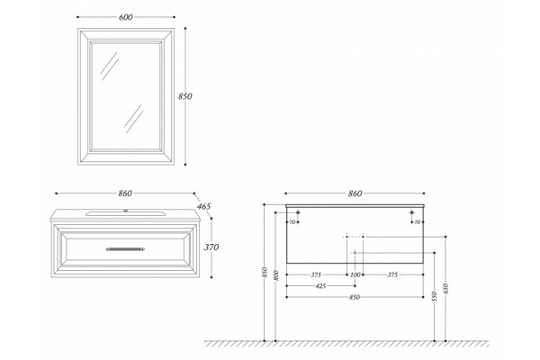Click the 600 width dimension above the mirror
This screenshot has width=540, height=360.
(125, 17)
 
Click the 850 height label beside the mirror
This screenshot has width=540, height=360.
(184, 96)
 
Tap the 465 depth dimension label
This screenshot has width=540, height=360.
(203, 207)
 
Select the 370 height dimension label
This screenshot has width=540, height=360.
(211, 247)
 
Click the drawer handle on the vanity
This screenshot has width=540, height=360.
(125, 249)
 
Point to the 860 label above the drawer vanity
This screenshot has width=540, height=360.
(125, 193)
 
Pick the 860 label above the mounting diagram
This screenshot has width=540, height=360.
(355, 193)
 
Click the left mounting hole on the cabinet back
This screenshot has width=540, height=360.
(298, 212)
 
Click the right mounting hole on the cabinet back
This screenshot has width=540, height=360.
(411, 212)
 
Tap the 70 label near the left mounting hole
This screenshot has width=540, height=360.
(292, 222)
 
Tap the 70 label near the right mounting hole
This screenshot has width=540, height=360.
(417, 222)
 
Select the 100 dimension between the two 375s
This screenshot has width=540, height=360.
(355, 274)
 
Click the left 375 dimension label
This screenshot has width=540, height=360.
(316, 274)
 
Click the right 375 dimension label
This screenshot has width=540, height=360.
(392, 274)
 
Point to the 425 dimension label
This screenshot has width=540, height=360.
(320, 286)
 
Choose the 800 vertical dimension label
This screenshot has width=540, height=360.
(275, 275)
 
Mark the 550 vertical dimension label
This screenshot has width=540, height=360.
(434, 297)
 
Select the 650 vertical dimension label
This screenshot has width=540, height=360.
(445, 289)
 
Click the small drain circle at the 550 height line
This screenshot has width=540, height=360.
(355, 253)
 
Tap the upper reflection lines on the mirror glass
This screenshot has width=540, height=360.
(109, 63)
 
